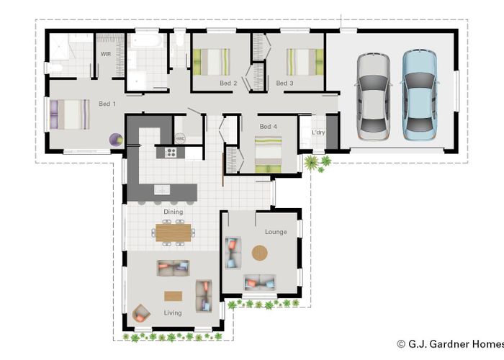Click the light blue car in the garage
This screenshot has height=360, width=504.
[x=418, y=94]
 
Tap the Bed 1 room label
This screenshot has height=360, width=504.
[x=107, y=104]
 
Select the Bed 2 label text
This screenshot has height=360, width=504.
[x=228, y=84]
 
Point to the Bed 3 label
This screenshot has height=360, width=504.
[x=284, y=84]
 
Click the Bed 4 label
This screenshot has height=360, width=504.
[x=269, y=127]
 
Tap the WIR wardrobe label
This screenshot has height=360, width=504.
[x=105, y=54]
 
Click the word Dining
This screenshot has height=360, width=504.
[x=173, y=212]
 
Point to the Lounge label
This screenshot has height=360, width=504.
[x=276, y=232]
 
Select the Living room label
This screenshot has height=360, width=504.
[x=173, y=312]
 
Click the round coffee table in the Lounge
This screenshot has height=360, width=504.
[x=259, y=253]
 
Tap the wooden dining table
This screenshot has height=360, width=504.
[x=174, y=232]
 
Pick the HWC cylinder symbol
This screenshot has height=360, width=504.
[x=180, y=138]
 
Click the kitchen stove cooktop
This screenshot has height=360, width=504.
[x=171, y=152]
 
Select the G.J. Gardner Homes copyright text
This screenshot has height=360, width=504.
[x=449, y=344]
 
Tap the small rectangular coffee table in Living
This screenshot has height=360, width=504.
[x=173, y=295]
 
